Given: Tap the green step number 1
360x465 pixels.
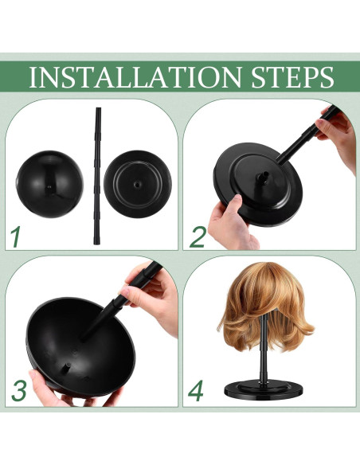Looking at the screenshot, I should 15,236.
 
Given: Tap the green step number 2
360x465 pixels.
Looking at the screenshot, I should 198,236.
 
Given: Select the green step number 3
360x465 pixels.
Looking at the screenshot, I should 18,390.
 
